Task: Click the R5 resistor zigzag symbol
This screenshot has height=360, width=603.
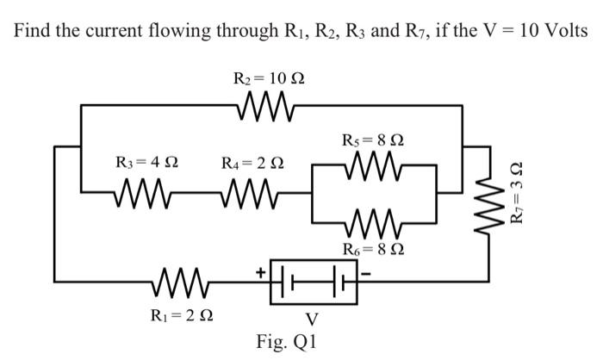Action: pyautogui.click(x=372, y=163)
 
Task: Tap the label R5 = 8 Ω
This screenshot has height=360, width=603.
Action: pyautogui.click(x=373, y=138)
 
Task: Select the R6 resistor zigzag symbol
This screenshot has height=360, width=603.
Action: pyautogui.click(x=372, y=227)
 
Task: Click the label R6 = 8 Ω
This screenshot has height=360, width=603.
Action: pyautogui.click(x=373, y=251)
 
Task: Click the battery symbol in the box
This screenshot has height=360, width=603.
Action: pyautogui.click(x=314, y=280)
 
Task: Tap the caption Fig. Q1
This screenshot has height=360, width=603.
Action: pyautogui.click(x=287, y=341)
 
